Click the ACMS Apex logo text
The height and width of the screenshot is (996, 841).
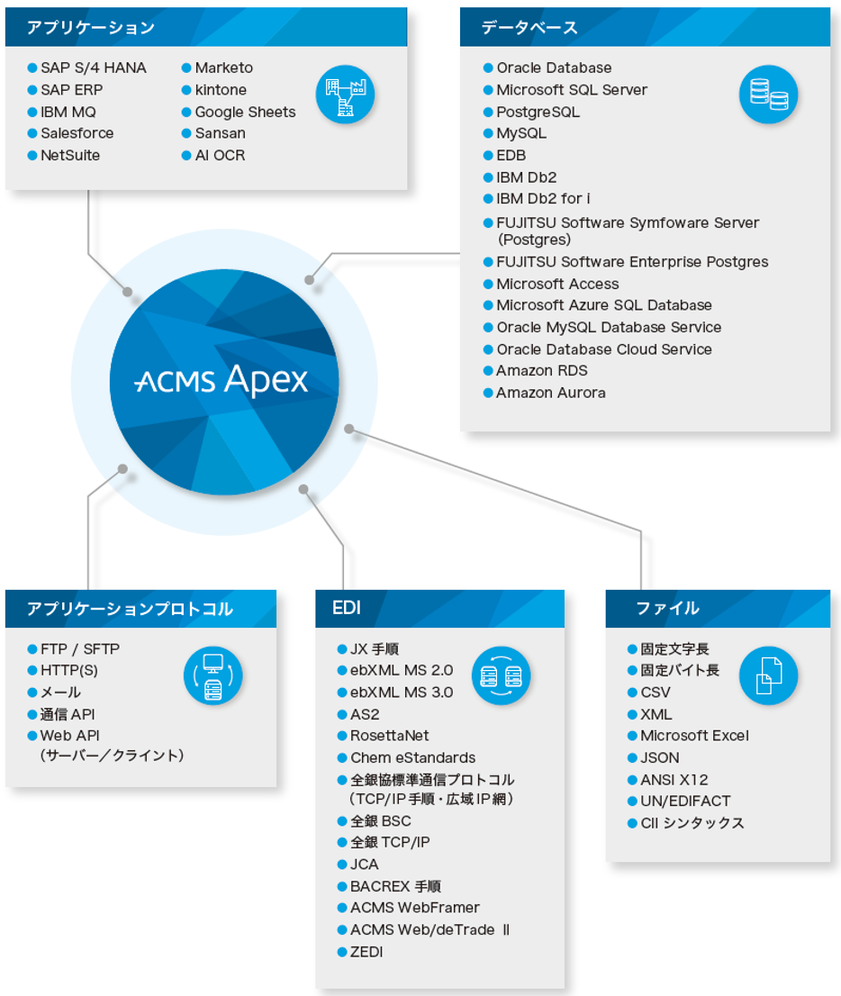tap(222, 380)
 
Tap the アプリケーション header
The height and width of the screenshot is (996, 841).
tap(90, 28)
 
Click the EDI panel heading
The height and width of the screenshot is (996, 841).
tap(347, 609)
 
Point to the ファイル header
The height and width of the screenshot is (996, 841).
tap(667, 609)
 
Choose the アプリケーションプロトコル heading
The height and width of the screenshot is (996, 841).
tap(130, 610)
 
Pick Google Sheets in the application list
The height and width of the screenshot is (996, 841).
tap(245, 112)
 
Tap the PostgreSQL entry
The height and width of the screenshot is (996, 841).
tap(538, 112)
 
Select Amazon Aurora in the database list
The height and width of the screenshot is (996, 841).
tap(550, 393)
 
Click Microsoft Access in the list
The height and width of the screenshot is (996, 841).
tap(557, 284)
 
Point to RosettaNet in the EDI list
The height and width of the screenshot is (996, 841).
tap(389, 736)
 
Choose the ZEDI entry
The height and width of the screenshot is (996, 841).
tap(366, 952)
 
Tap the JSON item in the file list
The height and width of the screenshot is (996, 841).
tap(659, 757)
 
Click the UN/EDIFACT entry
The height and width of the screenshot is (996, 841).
tap(685, 801)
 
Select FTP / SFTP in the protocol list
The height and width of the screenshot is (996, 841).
tap(79, 648)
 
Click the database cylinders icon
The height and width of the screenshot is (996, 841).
tap(768, 94)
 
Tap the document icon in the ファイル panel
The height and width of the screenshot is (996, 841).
tap(768, 675)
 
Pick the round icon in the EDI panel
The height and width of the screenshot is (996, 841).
tap(501, 675)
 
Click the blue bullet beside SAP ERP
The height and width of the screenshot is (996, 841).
tap(32, 90)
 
